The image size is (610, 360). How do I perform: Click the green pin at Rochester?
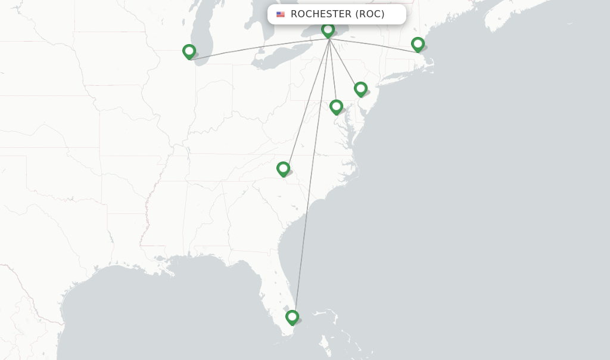(x=328, y=30)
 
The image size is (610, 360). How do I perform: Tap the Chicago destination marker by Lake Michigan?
(x=189, y=52)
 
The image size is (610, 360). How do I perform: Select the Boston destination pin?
(x=418, y=44)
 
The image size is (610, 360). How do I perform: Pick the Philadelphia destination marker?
(x=360, y=89)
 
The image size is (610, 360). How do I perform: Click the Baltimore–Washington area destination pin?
(x=336, y=107)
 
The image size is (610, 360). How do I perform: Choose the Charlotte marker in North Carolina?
(x=283, y=169)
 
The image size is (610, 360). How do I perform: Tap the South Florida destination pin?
(x=292, y=317)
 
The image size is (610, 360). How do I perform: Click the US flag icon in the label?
(x=281, y=14)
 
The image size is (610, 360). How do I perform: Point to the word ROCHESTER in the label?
(x=321, y=14)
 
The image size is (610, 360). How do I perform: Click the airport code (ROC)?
(x=370, y=14)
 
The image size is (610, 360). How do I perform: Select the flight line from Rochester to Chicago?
(x=256, y=50)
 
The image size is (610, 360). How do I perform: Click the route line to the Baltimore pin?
(x=332, y=72)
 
